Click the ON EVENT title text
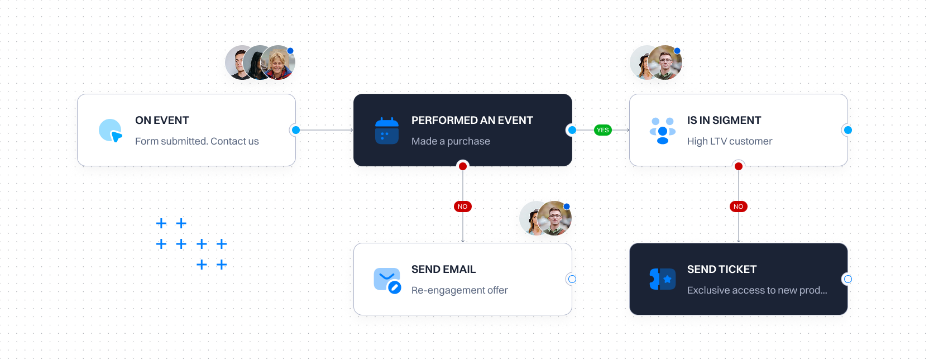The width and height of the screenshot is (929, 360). coord(162,121)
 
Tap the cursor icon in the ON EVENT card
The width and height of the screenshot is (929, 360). coord(111,131)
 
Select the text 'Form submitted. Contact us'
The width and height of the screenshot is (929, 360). coord(197,141)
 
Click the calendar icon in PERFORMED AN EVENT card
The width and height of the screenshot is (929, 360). coord(386,131)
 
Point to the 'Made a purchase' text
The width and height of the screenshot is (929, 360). coord(451,141)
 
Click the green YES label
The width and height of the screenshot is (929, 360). coord(602,130)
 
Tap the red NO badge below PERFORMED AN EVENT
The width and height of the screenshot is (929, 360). coord(462,207)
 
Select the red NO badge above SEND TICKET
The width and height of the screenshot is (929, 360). coord(738,207)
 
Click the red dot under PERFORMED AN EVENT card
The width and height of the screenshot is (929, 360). coord(463,166)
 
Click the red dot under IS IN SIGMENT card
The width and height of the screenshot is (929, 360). coord(738,166)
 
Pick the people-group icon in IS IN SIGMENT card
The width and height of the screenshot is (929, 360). coord(663,131)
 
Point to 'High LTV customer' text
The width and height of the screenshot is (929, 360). coord(729,141)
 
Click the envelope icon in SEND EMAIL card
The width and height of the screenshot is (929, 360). coord(387,280)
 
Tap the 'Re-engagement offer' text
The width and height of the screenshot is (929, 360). coord(459,290)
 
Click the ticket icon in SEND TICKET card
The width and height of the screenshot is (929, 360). coord(663,279)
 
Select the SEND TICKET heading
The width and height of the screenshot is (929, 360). coord(721,270)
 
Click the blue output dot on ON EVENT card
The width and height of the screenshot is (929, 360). coord(296,130)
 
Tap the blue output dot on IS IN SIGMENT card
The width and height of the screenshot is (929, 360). coord(847,130)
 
